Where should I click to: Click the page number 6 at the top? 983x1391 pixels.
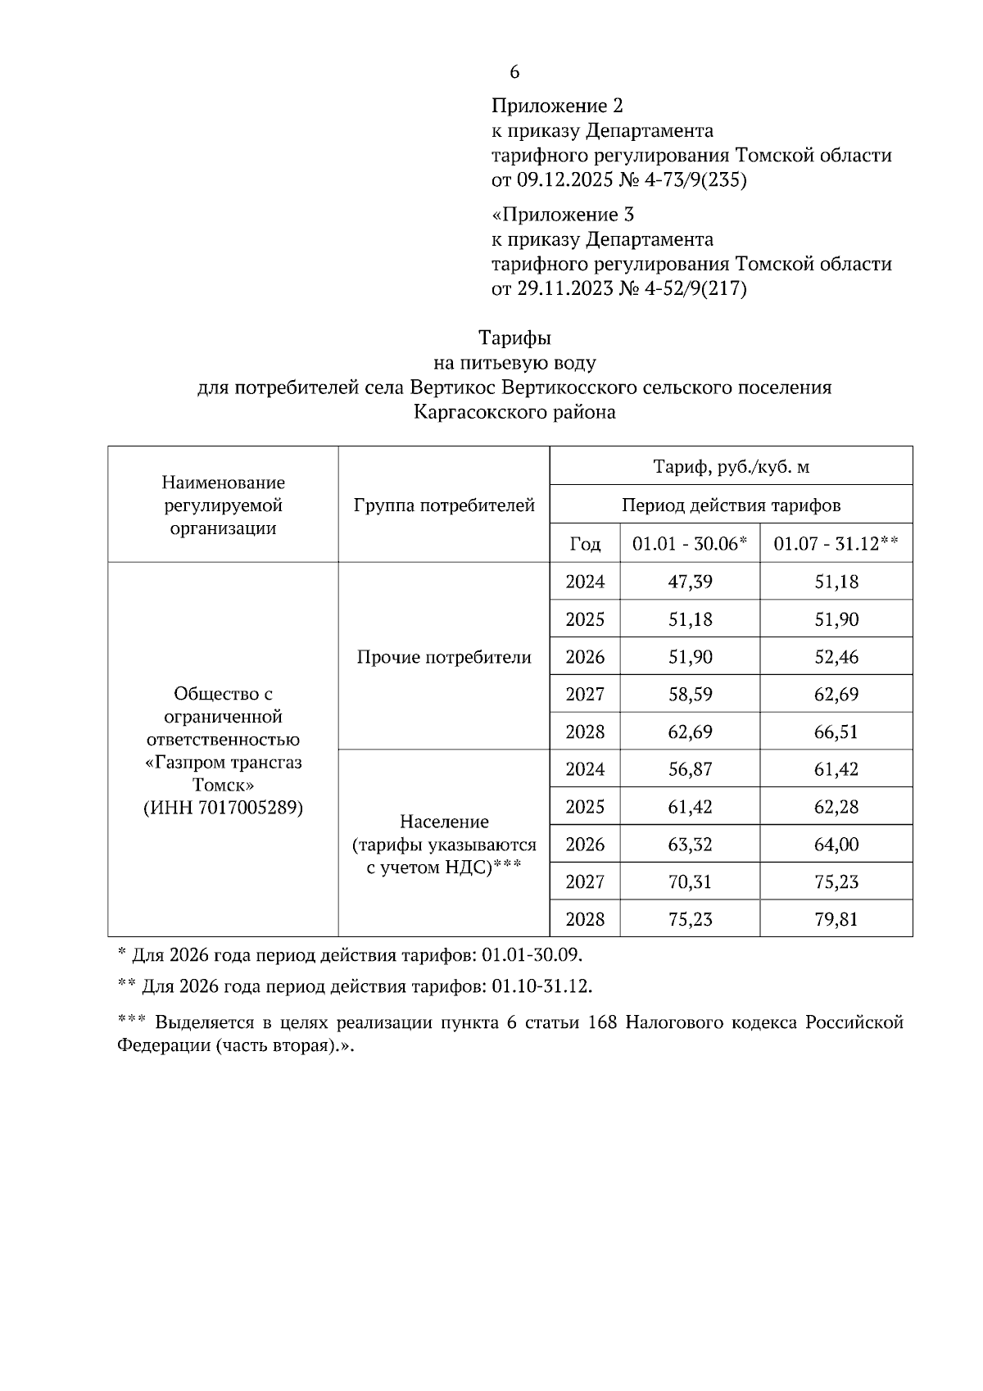514,72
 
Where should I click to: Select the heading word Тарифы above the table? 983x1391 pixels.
514,338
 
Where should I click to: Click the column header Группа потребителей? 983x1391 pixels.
444,505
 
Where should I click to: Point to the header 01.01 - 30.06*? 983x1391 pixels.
690,544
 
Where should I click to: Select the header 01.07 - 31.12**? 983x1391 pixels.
836,544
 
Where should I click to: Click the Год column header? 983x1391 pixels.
585,544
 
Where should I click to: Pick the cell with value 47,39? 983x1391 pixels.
690,582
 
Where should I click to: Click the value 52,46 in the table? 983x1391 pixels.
836,657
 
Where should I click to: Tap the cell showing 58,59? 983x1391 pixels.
690,695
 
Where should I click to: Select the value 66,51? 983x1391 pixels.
836,732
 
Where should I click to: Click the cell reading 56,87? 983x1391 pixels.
690,769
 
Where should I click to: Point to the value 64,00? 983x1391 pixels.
836,845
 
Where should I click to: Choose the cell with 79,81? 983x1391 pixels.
836,919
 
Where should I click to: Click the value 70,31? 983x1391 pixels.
690,882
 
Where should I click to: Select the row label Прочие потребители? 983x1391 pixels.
444,657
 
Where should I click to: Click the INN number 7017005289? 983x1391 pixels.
249,809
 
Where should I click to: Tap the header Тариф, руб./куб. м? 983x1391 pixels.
731,467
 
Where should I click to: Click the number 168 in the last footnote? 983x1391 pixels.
604,1023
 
